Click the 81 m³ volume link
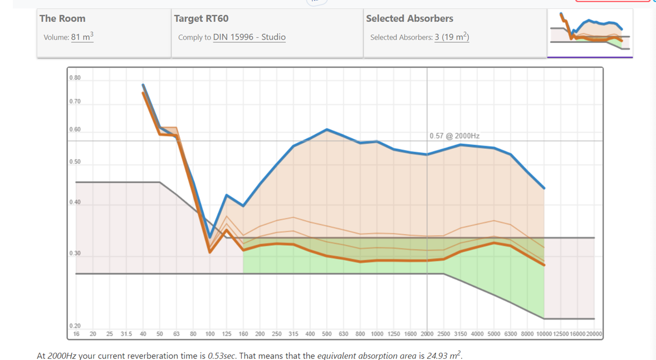point(82,37)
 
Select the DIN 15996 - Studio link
point(249,37)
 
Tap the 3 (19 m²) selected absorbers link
point(452,37)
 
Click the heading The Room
point(62,18)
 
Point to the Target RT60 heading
point(201,18)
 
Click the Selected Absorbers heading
point(409,18)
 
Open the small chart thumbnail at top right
point(590,33)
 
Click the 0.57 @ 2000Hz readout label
point(454,136)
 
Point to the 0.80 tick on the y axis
point(75,78)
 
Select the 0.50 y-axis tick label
point(75,162)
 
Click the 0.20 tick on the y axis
point(75,326)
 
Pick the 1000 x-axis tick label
point(377,334)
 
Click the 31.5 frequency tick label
point(126,334)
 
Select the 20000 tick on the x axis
point(594,334)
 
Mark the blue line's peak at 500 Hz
point(327,129)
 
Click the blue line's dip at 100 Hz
point(210,236)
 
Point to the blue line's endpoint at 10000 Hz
point(544,188)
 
